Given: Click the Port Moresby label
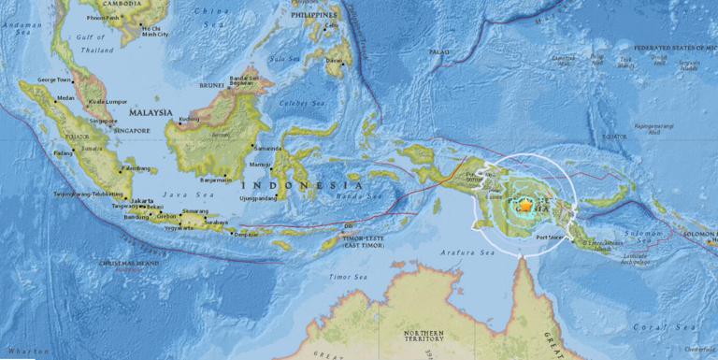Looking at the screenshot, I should pyautogui.click(x=552, y=235).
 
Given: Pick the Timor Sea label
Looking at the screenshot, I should pyautogui.click(x=348, y=278).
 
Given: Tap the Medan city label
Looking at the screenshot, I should pyautogui.click(x=65, y=97).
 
